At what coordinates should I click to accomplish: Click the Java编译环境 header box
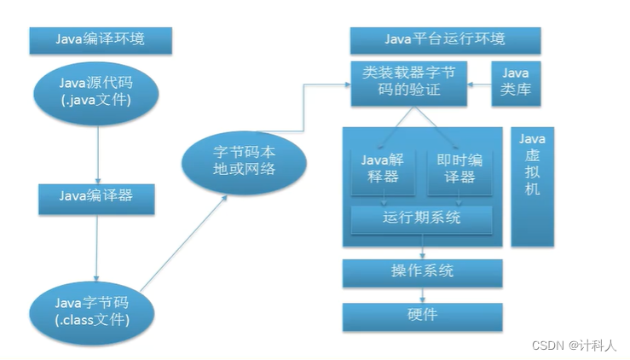(x=101, y=39)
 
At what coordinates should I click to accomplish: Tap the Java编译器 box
(x=95, y=196)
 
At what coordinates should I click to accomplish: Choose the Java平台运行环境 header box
(x=444, y=39)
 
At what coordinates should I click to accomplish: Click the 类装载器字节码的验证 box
(x=409, y=83)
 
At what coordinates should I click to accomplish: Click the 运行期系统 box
(x=422, y=218)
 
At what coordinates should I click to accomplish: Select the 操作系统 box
(x=422, y=272)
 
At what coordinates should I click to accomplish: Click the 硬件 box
(x=422, y=316)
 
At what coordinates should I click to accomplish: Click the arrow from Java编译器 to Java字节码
(x=96, y=247)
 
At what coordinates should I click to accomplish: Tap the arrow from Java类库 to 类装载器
(x=481, y=84)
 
